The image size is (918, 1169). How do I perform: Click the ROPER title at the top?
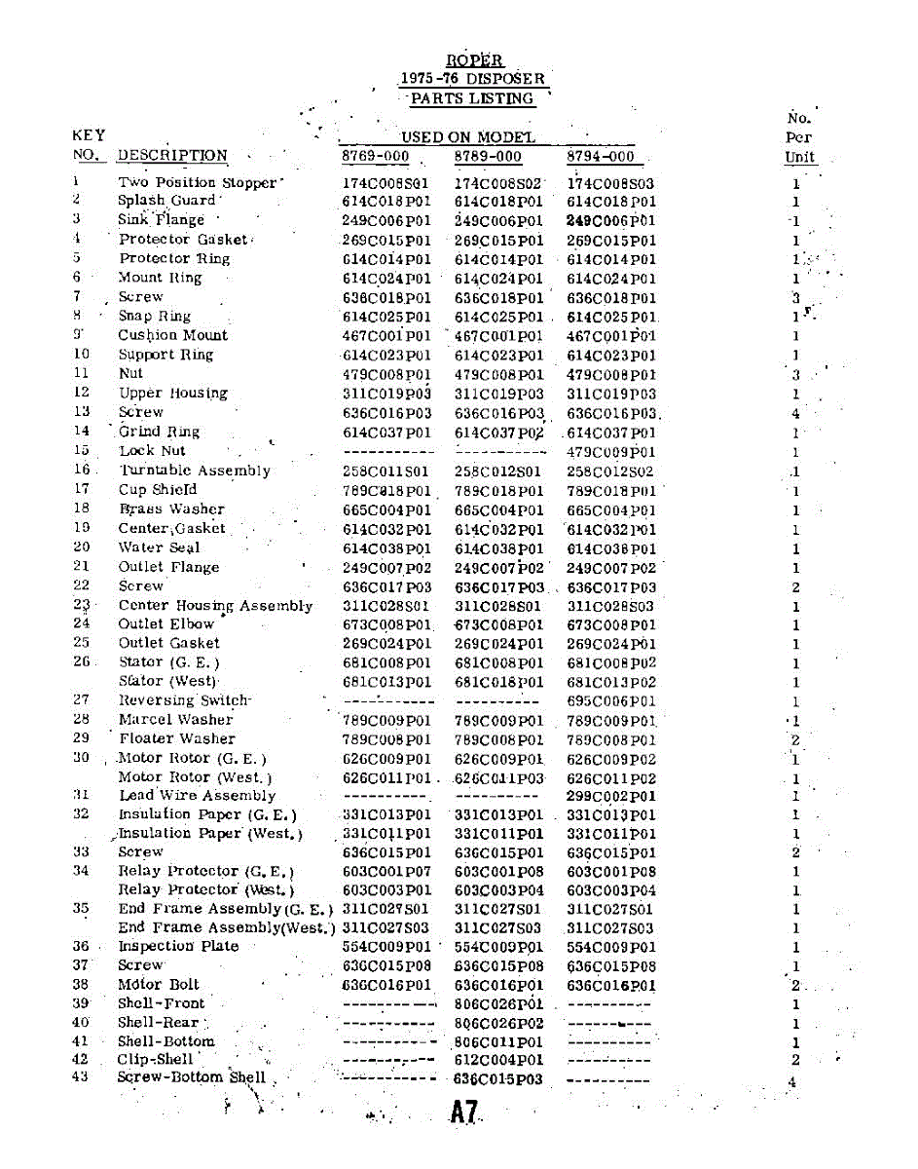(474, 60)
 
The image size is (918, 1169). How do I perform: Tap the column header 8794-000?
(600, 157)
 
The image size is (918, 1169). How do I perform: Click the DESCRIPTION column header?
(172, 156)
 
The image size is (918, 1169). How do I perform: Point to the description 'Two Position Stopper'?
(199, 182)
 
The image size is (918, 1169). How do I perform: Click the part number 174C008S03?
(610, 183)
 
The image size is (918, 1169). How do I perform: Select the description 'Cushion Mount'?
(172, 335)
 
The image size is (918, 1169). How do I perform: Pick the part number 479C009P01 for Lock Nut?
(610, 452)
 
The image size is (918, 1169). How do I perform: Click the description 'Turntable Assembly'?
(194, 471)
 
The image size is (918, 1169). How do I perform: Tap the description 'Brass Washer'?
(171, 509)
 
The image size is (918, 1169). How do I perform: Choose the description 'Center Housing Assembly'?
(215, 606)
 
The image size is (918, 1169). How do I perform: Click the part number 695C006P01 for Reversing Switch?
(610, 701)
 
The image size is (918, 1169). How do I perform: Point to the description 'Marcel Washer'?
(175, 720)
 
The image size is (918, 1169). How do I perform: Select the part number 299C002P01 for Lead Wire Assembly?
(610, 796)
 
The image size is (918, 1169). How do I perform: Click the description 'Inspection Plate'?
(178, 946)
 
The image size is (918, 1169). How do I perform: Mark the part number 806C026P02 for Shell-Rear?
(498, 1023)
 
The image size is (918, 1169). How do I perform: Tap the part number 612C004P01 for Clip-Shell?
(498, 1060)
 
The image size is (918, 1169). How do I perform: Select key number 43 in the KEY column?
(81, 1076)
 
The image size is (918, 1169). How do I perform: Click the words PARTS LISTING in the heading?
(472, 98)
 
